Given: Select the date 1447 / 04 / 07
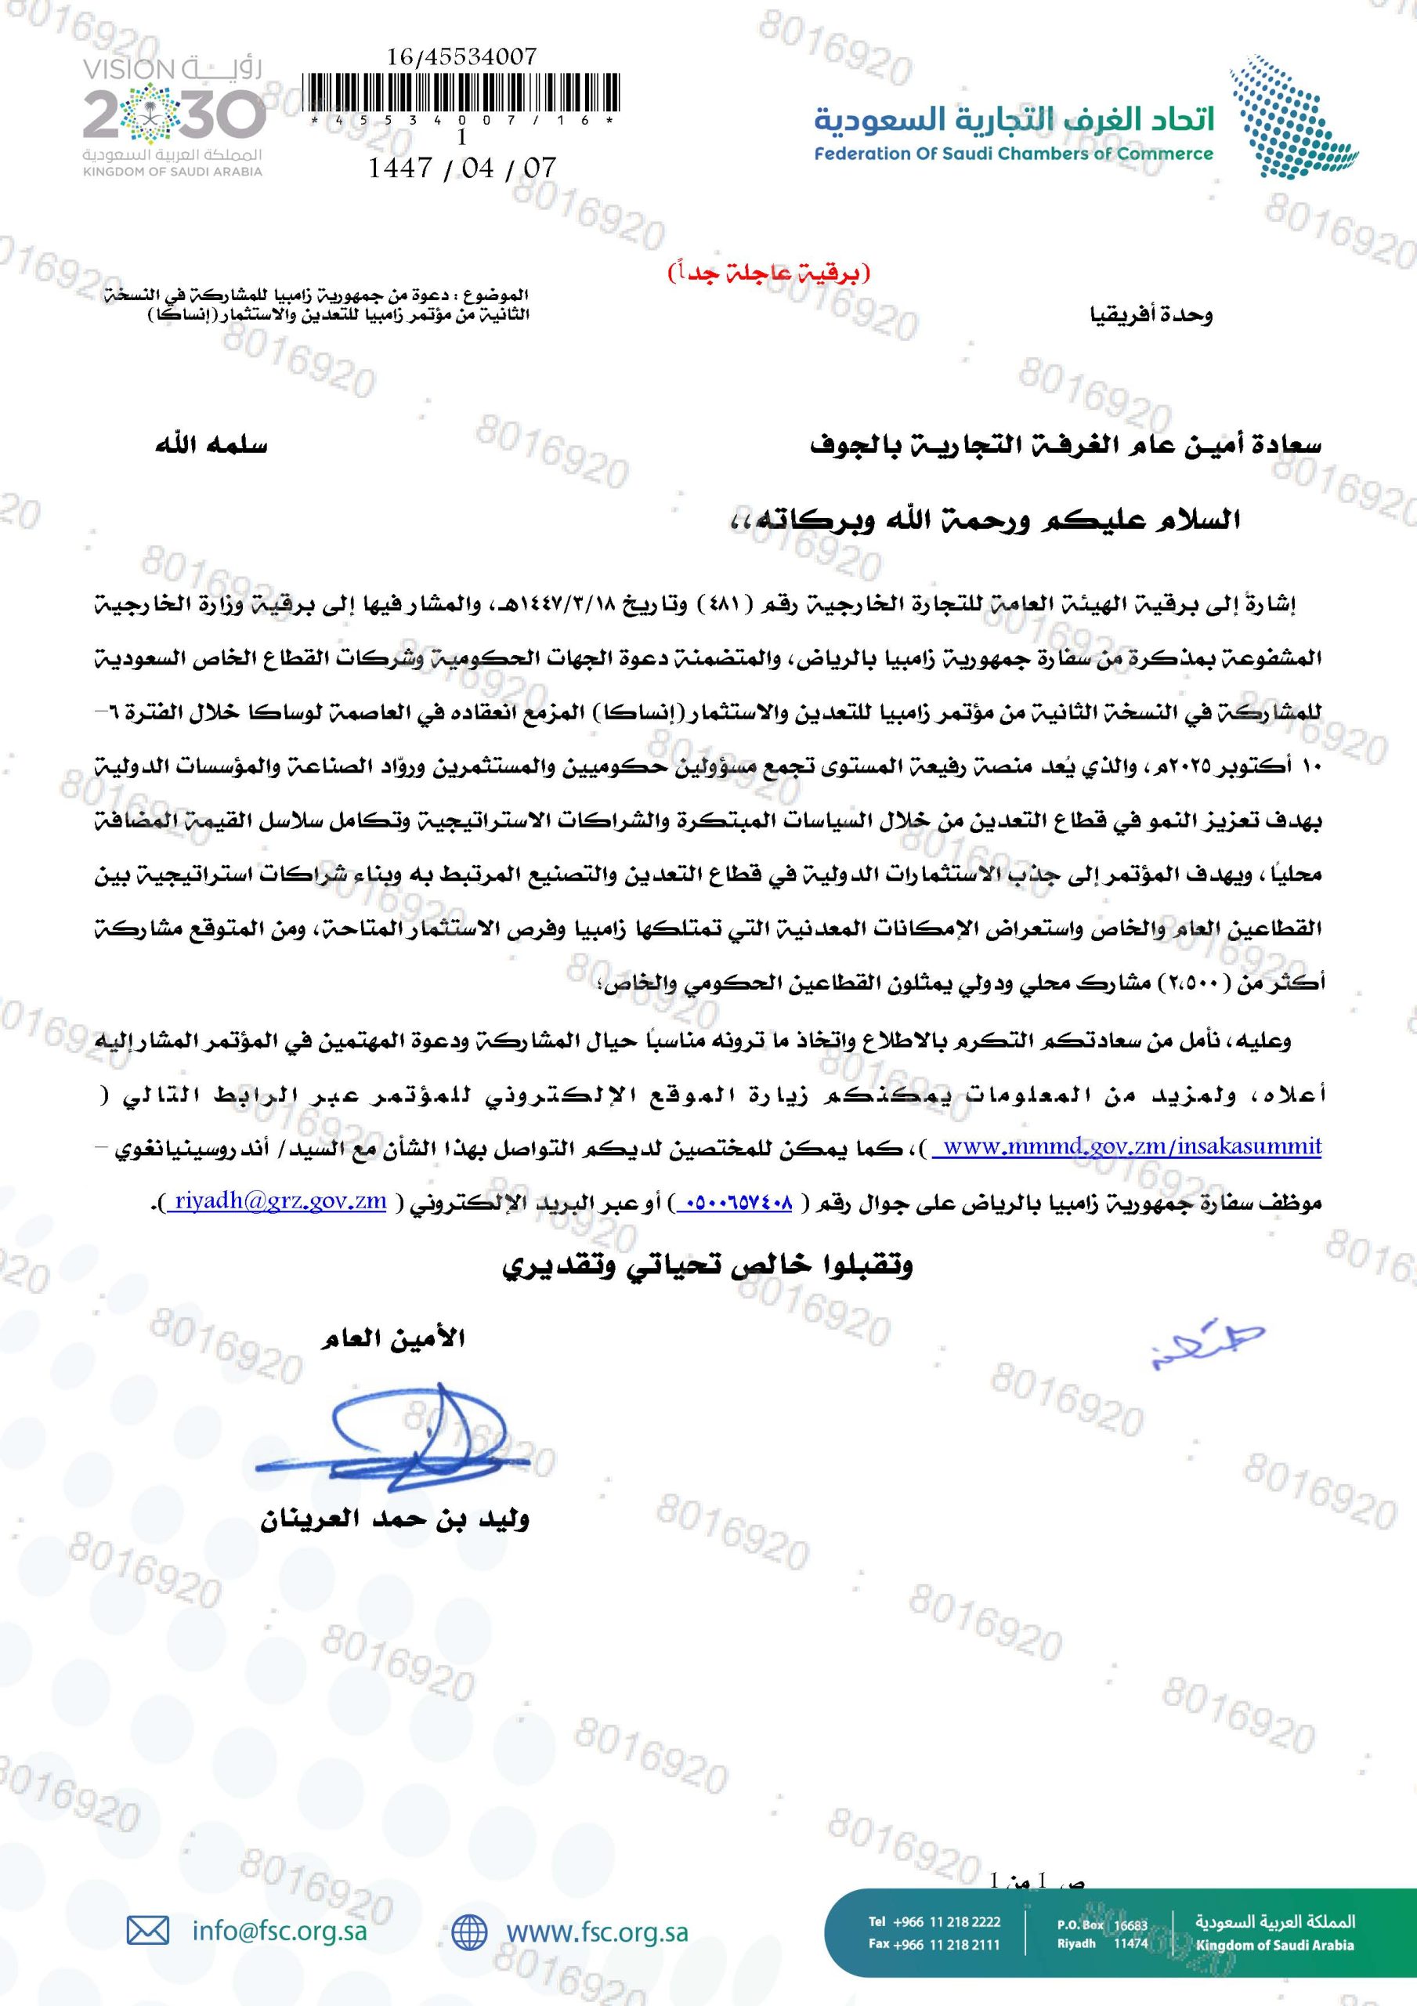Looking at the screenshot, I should pyautogui.click(x=462, y=167).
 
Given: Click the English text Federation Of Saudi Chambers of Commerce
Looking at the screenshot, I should pyautogui.click(x=1014, y=154).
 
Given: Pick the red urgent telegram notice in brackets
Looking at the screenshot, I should pyautogui.click(x=768, y=273).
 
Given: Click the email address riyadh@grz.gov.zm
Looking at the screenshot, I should pyautogui.click(x=280, y=1201).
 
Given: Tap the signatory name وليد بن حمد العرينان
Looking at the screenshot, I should pyautogui.click(x=395, y=1520).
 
